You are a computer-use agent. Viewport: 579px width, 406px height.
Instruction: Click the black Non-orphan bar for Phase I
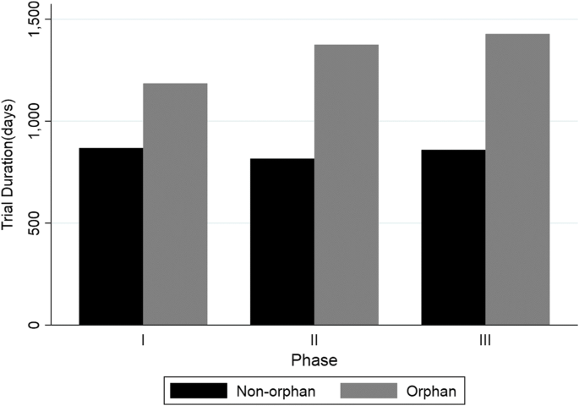(x=111, y=237)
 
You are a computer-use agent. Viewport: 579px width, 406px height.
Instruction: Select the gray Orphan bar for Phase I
(x=175, y=204)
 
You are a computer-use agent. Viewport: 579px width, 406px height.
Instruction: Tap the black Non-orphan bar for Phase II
(x=282, y=242)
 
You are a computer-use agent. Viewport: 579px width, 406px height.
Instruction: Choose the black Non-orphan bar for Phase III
(x=454, y=238)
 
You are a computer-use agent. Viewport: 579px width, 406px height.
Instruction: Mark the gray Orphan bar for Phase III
(x=517, y=179)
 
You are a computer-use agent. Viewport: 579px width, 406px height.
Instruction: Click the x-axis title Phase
(x=314, y=360)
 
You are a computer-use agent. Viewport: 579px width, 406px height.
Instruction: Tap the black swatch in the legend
(x=199, y=390)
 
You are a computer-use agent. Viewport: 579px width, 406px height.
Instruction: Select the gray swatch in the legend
(x=369, y=390)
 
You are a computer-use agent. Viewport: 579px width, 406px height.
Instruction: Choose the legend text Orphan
(x=432, y=390)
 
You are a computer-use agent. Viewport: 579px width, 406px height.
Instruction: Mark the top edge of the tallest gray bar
(x=517, y=35)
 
